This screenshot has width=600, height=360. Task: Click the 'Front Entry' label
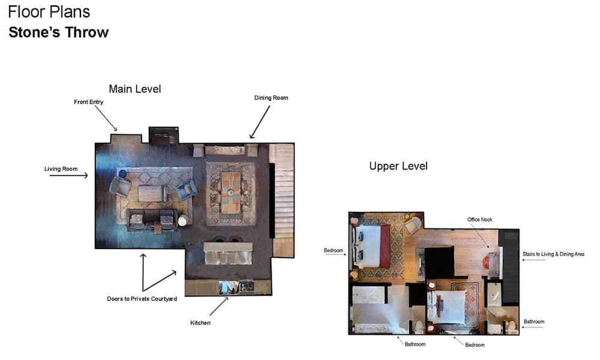point(88,102)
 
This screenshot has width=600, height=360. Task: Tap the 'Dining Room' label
point(271,97)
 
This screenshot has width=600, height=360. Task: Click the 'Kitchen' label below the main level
point(200,323)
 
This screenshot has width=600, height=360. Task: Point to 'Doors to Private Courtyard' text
point(142,299)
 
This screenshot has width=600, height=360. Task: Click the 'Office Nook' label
point(479,220)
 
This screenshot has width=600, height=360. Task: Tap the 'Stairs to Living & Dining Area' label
point(553,254)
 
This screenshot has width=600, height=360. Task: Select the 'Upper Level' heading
point(398,166)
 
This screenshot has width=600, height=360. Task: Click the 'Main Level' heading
point(134,89)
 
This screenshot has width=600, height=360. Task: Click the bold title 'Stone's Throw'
point(58,32)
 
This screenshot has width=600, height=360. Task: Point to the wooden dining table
point(230,192)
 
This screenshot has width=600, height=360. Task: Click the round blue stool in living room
point(122,174)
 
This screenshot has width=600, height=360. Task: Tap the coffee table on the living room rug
point(152,193)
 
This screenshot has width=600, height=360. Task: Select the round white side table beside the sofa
point(182,221)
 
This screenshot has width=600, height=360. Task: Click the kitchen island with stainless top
point(227,253)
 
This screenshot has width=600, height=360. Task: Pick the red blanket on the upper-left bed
point(385,246)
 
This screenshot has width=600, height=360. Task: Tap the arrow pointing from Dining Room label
point(259,123)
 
